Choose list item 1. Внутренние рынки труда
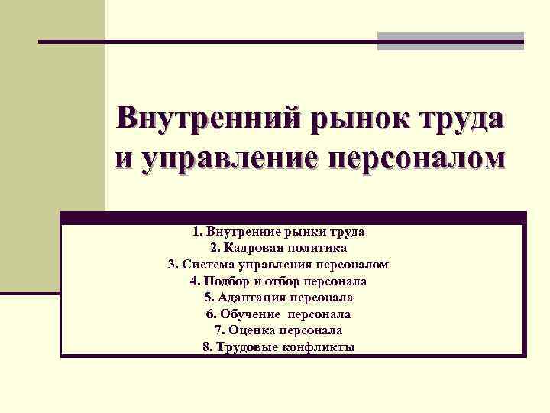(x=278, y=231)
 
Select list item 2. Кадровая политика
(x=278, y=248)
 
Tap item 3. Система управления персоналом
(x=278, y=265)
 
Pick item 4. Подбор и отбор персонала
(x=278, y=281)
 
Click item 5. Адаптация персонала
(x=278, y=298)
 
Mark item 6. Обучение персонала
(x=278, y=314)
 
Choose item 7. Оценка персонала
(x=278, y=330)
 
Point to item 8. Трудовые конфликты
(x=278, y=347)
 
